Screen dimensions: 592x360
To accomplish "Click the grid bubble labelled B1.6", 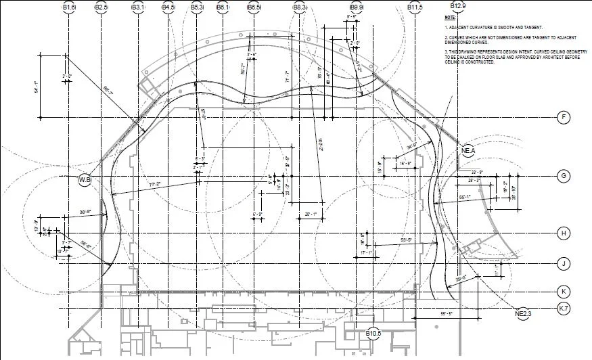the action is click(x=69, y=7).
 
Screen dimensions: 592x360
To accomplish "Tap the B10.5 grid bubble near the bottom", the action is click(x=373, y=333).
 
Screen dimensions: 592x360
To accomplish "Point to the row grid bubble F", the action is click(x=563, y=118).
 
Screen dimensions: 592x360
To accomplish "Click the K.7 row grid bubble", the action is click(x=563, y=308).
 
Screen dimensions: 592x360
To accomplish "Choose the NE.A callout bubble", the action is click(x=468, y=150).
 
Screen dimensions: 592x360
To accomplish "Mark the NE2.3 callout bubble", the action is click(x=524, y=313).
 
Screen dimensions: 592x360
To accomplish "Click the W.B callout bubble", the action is click(x=85, y=179).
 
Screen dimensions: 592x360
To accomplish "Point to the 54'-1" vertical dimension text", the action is click(x=36, y=86).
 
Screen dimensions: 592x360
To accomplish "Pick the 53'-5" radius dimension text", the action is click(x=407, y=240).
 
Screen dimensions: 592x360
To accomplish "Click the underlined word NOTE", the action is click(x=450, y=16).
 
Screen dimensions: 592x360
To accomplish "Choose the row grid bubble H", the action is click(x=563, y=233).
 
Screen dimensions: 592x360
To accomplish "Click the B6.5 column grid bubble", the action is click(x=254, y=7).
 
